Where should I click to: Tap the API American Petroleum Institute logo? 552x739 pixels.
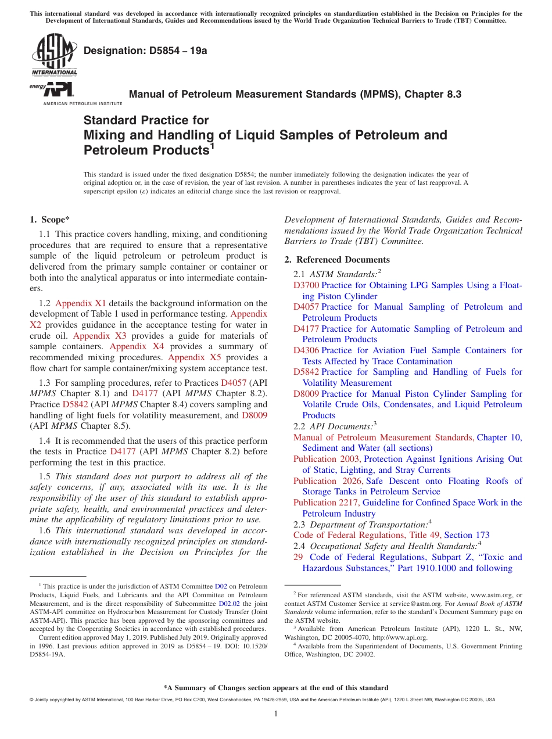click(56, 90)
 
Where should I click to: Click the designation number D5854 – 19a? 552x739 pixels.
click(145, 51)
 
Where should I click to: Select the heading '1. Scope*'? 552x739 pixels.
click(49, 220)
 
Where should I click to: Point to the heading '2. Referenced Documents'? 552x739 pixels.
click(337, 259)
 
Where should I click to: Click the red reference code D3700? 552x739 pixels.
click(306, 285)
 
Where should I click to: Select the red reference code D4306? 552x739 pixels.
click(306, 350)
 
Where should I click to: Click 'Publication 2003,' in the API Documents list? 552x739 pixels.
click(327, 459)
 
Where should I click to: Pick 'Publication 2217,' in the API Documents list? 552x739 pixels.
click(327, 503)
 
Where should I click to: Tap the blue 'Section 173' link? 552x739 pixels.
click(467, 535)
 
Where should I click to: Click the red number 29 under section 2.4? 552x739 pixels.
click(298, 557)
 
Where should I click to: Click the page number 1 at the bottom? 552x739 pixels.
click(276, 715)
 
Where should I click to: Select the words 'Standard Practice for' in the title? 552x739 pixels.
click(146, 120)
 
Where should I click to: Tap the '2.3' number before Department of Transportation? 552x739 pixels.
click(300, 524)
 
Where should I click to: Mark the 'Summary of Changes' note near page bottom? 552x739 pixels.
click(275, 688)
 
